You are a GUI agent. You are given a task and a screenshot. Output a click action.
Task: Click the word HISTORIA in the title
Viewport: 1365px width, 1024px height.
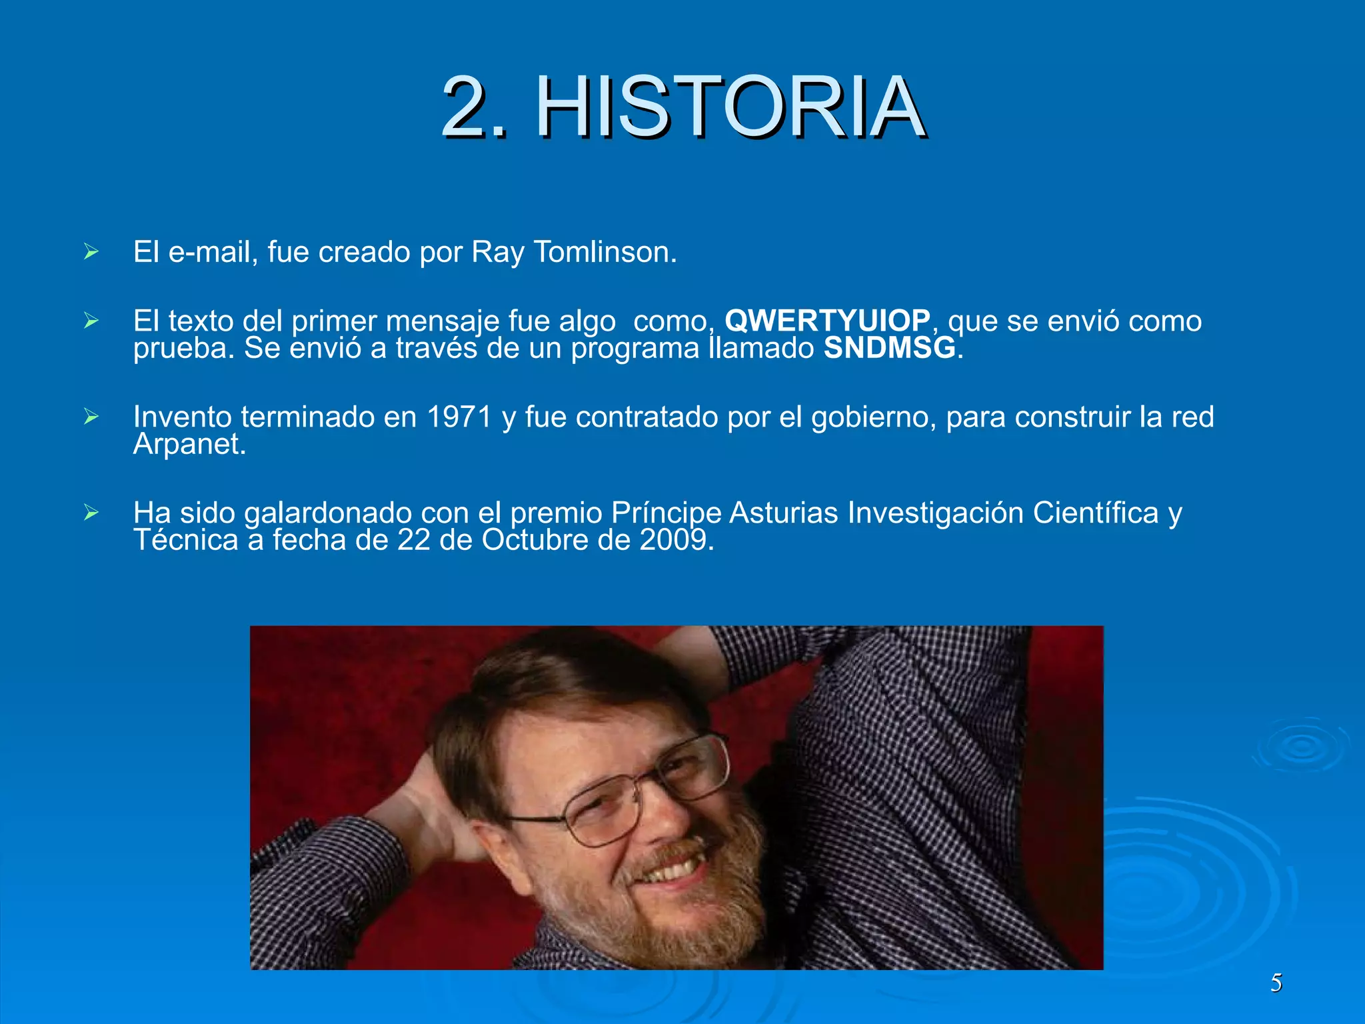tap(729, 107)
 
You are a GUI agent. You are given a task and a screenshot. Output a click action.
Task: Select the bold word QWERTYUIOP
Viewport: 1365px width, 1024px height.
tap(827, 321)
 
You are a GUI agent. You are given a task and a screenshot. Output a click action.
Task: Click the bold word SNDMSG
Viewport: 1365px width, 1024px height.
tap(890, 348)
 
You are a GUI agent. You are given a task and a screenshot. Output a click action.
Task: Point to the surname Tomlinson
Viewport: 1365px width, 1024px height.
tap(605, 252)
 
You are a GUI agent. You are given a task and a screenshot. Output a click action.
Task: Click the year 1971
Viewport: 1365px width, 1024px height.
tap(459, 417)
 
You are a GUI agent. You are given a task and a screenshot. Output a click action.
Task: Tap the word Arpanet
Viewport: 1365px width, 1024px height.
tap(189, 444)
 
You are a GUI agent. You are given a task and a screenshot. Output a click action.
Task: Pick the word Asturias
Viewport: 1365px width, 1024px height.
tap(783, 513)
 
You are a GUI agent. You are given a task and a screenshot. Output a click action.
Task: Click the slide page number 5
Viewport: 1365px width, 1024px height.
tap(1276, 983)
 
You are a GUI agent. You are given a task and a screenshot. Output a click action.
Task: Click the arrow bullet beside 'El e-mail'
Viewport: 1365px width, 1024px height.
tap(91, 252)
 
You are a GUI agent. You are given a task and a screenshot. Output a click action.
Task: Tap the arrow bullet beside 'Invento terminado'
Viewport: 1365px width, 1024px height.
tap(91, 417)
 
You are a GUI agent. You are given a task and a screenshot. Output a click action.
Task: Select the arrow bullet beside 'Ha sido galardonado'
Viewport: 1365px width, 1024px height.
tap(91, 513)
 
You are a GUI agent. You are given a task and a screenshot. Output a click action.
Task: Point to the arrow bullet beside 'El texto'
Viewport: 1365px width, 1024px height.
tap(91, 321)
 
